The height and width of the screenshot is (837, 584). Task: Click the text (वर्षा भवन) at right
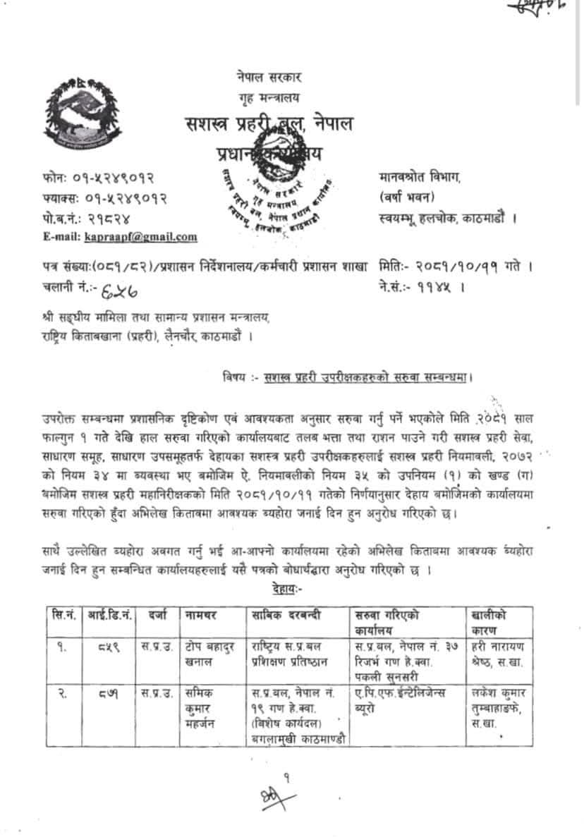[407, 197]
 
